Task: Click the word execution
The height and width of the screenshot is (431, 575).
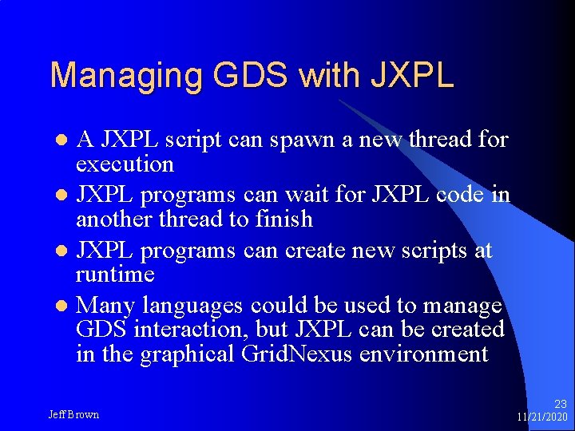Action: [124, 164]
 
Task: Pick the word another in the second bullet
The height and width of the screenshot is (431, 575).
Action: [114, 219]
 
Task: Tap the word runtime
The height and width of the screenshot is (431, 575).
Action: [114, 275]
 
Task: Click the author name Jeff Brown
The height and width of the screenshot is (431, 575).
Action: [73, 414]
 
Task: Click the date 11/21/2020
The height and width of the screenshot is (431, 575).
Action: [541, 417]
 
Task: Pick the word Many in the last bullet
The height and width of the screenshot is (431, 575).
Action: [106, 306]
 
